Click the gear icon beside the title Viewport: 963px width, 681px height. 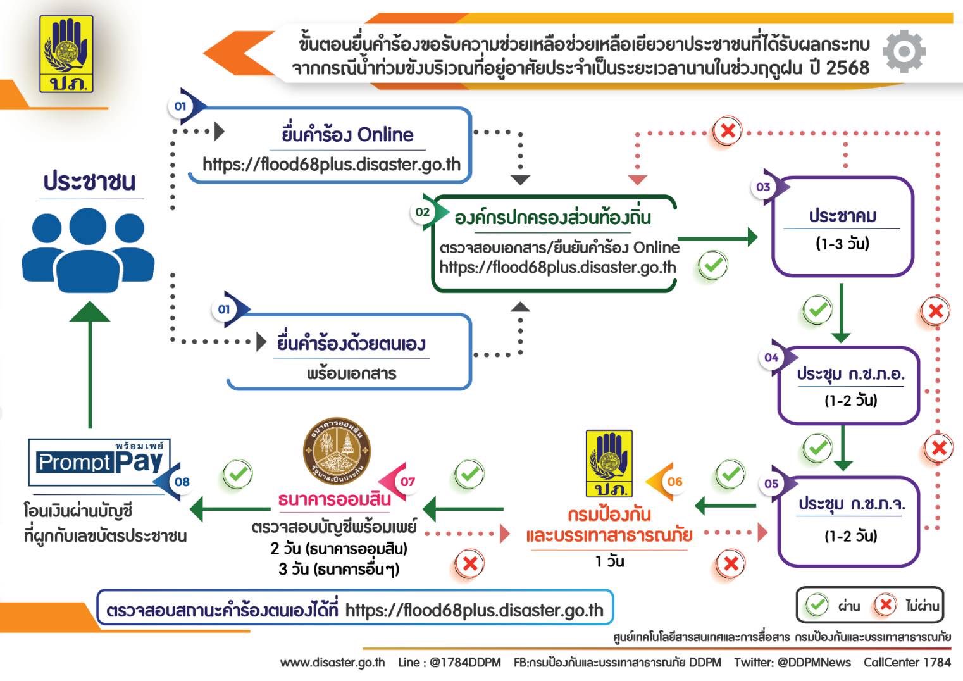pos(904,51)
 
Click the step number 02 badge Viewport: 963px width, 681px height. pos(423,212)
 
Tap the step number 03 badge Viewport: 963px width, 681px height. pos(763,187)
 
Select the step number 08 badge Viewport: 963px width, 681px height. pos(182,482)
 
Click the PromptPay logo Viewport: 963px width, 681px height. pos(100,461)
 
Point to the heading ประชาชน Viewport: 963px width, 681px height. pos(89,182)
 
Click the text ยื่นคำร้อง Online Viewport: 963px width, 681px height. pos(347,134)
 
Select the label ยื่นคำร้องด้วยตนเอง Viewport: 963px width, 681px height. pos(351,344)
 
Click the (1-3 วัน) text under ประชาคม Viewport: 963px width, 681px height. pos(842,244)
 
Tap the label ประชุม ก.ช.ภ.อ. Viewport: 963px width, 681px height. pos(850,374)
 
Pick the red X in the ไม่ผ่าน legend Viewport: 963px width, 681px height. pos(885,605)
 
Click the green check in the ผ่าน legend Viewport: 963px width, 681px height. pos(816,605)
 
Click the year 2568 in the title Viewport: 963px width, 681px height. pos(848,68)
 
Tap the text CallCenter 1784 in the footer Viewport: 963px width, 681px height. pos(907,662)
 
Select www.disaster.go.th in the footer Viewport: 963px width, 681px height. pos(332,662)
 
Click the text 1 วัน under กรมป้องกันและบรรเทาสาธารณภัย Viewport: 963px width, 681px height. pos(609,561)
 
